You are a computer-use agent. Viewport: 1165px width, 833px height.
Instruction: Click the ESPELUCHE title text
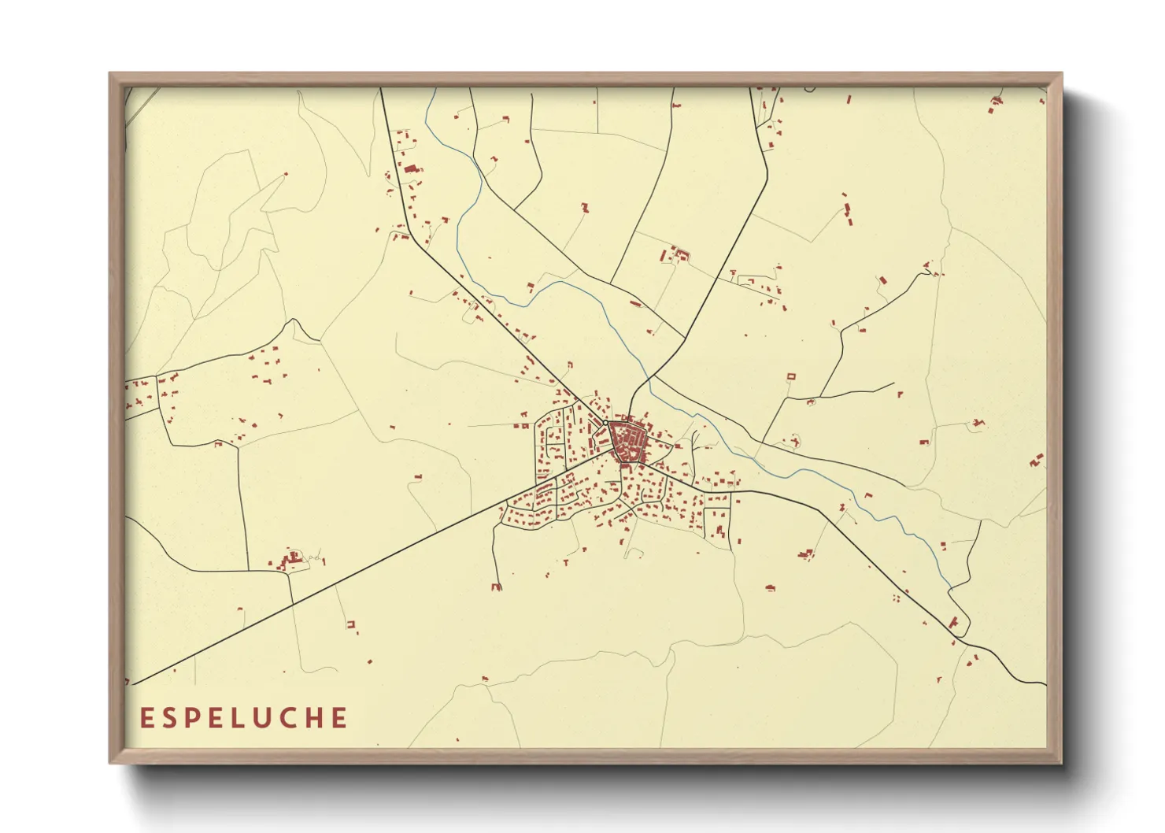point(244,718)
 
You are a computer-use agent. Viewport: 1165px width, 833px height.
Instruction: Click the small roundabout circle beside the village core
point(605,424)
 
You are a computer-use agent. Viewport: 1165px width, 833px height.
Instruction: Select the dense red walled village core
point(627,442)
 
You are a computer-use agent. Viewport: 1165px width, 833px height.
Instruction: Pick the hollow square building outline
point(792,377)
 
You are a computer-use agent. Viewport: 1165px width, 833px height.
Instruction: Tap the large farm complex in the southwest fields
point(292,561)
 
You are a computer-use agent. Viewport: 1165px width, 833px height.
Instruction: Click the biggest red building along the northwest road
point(410,168)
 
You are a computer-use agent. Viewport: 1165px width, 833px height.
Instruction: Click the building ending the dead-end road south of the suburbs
point(496,587)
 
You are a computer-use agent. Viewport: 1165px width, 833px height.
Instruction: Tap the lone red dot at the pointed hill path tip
point(286,174)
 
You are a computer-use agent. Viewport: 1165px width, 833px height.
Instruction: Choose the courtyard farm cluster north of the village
point(675,254)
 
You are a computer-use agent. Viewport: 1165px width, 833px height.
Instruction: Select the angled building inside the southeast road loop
point(955,622)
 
